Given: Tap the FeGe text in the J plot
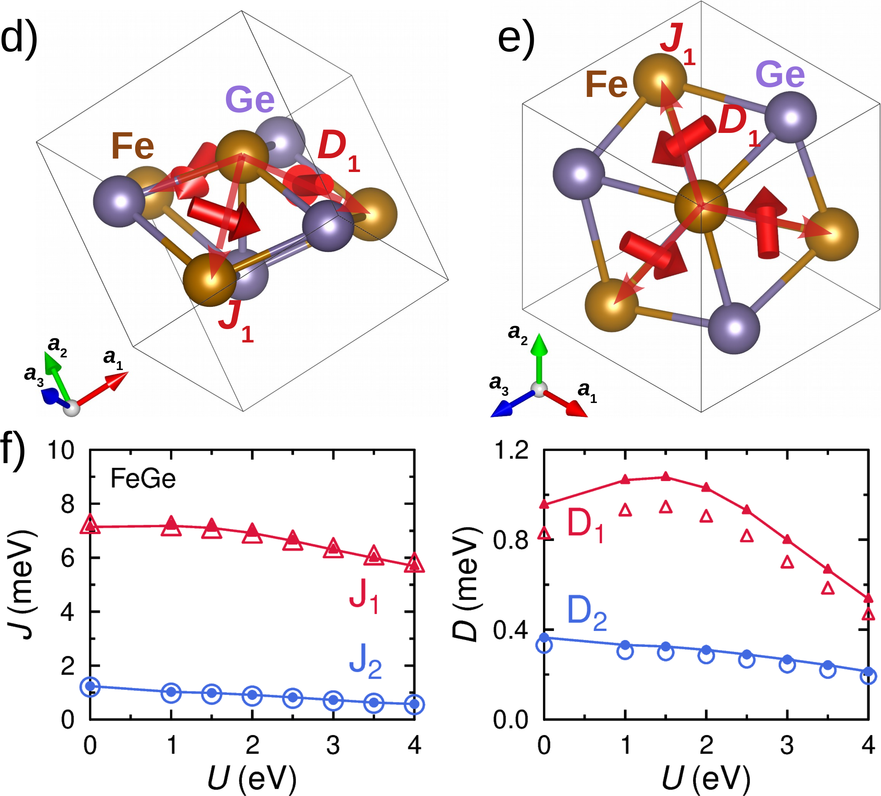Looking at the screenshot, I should click(x=143, y=479).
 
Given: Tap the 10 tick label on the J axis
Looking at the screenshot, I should click(x=61, y=450).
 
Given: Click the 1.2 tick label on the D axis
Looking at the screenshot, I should click(x=511, y=450).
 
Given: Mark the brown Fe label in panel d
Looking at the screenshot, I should click(x=132, y=146).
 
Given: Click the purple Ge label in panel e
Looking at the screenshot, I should click(x=780, y=75).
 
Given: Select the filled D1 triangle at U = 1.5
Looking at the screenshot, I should click(x=665, y=477).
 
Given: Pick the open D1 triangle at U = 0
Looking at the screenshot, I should click(x=544, y=532).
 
